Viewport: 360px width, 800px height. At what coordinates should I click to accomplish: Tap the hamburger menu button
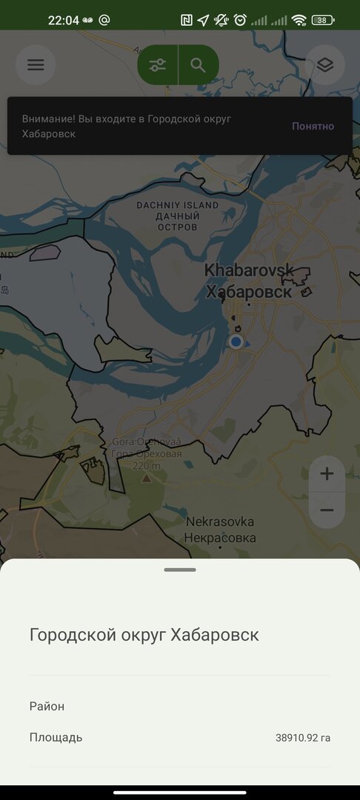(x=36, y=64)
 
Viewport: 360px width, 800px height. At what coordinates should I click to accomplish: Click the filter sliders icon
(x=157, y=64)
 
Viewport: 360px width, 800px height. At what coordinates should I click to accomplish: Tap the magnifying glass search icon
(x=198, y=64)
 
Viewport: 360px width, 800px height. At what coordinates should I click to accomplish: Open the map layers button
(x=324, y=64)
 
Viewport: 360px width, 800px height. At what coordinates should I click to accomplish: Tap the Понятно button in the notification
(x=313, y=126)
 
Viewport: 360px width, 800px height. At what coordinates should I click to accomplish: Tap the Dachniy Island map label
(x=178, y=215)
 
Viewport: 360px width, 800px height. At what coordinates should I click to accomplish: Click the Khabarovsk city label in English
(x=249, y=270)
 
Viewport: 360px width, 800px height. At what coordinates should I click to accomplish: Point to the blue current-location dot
(x=236, y=341)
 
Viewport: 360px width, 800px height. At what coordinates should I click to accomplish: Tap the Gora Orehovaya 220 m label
(x=146, y=453)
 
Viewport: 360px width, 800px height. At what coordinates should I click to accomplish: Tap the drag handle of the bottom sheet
(x=180, y=570)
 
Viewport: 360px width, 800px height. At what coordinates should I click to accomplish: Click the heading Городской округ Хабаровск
(x=144, y=635)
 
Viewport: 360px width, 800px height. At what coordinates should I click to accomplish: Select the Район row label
(x=47, y=706)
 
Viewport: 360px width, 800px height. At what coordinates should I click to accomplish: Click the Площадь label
(x=56, y=737)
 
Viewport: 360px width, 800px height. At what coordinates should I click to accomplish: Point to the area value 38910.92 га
(x=302, y=738)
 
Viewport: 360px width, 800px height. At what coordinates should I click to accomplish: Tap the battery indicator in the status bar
(x=323, y=20)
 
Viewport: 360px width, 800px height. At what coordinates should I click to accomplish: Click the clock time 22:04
(x=63, y=20)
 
